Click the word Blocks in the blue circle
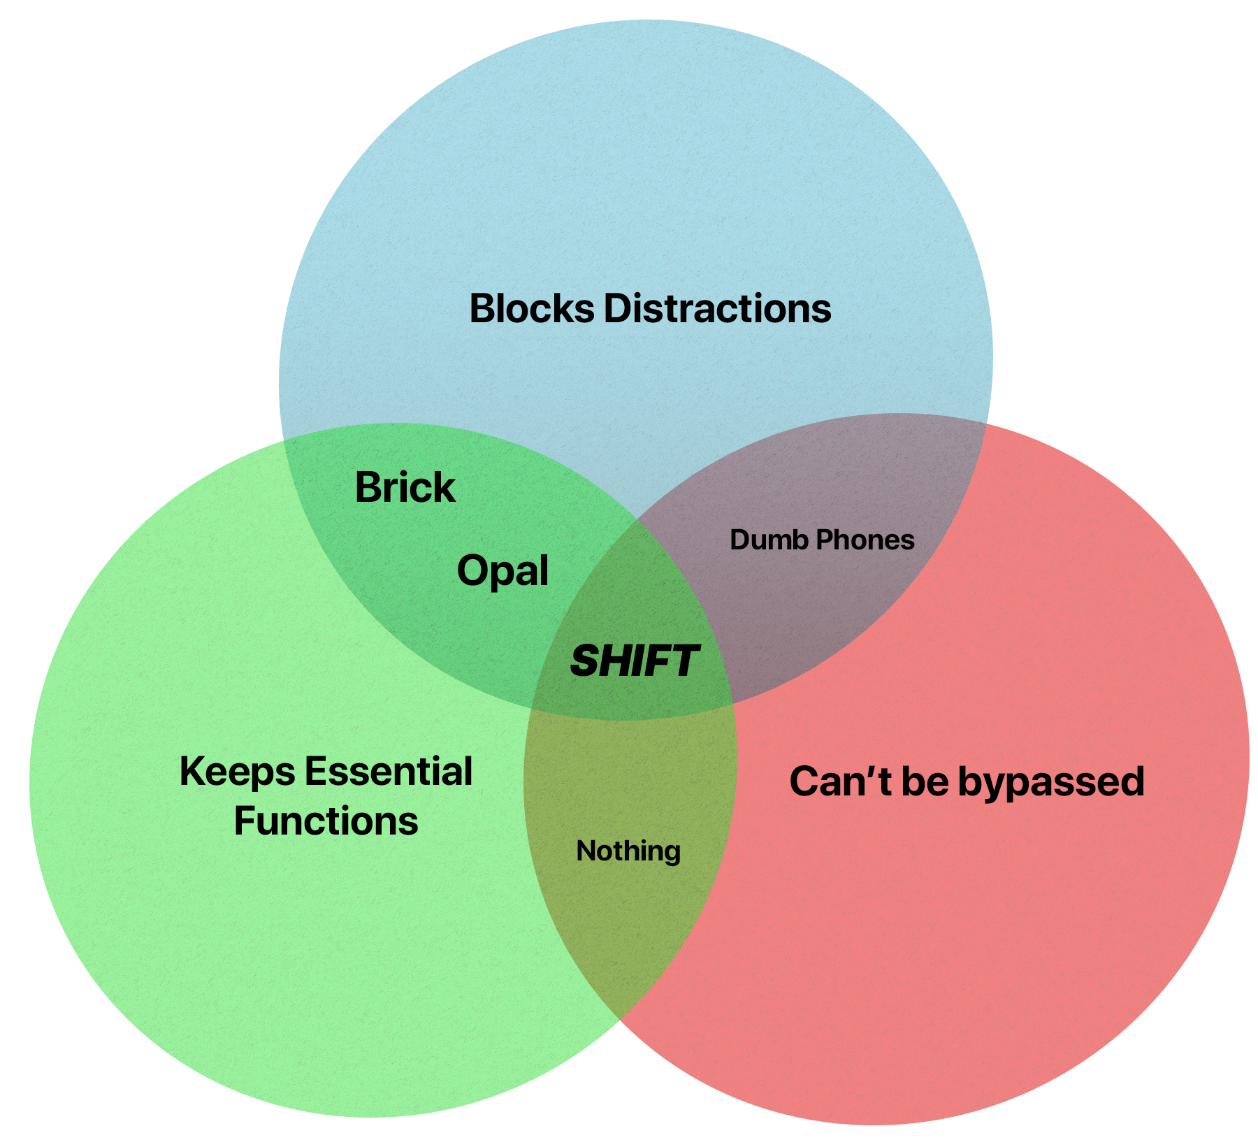531,308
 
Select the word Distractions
717,308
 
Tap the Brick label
405,487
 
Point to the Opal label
502,571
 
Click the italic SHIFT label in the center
634,661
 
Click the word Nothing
628,851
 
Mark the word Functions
326,821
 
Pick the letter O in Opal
472,571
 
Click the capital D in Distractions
617,308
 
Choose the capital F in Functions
245,821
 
